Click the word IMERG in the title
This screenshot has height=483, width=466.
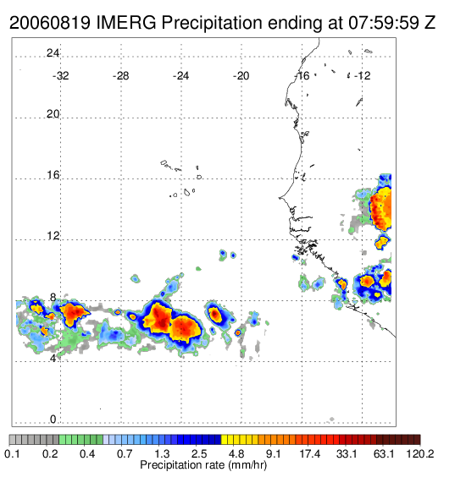point(126,23)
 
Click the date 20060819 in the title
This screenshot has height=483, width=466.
point(50,23)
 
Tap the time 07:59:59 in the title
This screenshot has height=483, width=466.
point(384,23)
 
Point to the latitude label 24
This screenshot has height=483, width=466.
point(53,53)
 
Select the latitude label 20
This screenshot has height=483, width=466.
point(53,114)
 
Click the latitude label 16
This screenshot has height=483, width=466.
point(53,175)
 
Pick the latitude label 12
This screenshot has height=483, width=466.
point(53,236)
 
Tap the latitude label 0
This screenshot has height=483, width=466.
point(53,420)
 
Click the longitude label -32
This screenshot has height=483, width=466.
point(60,76)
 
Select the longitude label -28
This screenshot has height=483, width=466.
point(120,76)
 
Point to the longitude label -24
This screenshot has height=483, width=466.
point(180,76)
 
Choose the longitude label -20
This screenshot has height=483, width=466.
point(241,76)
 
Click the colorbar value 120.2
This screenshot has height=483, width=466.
point(420,453)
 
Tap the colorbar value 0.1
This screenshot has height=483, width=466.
point(12,453)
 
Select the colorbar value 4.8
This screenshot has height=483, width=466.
point(236,453)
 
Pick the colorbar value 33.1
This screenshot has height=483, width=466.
point(347,453)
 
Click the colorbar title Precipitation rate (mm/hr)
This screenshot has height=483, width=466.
point(203,465)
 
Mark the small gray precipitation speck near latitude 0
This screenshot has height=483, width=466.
point(332,419)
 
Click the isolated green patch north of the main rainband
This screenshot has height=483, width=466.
point(198,269)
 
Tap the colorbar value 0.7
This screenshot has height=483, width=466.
point(125,453)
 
